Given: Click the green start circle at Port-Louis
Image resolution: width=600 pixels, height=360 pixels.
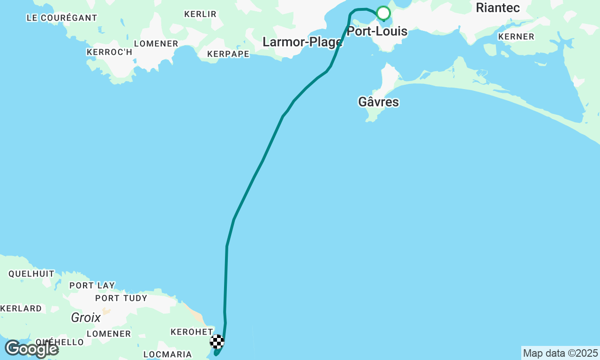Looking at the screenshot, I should pyautogui.click(x=383, y=13).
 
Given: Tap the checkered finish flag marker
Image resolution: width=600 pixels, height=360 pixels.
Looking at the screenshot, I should pyautogui.click(x=217, y=342).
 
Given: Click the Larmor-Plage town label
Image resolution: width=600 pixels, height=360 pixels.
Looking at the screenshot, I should pyautogui.click(x=302, y=42).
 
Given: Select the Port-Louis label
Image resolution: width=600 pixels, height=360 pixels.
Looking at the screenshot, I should pyautogui.click(x=377, y=32).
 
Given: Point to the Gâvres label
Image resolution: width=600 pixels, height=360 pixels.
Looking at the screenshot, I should pyautogui.click(x=378, y=102).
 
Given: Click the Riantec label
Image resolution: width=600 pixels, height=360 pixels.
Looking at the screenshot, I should pyautogui.click(x=498, y=7).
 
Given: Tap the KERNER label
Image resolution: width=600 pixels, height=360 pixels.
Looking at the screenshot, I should pyautogui.click(x=516, y=37).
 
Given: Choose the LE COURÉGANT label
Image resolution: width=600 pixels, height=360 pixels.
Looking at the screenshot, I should pyautogui.click(x=62, y=18).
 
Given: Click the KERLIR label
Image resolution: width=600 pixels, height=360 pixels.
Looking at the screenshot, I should pyautogui.click(x=200, y=14).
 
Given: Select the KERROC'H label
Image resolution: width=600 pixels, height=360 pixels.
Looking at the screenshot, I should pyautogui.click(x=110, y=52).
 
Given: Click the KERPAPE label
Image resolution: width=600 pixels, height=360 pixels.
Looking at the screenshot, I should pyautogui.click(x=228, y=54).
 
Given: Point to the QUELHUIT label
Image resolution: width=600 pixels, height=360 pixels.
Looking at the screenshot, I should pyautogui.click(x=31, y=274).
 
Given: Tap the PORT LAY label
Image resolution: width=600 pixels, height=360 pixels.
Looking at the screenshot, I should pyautogui.click(x=92, y=285).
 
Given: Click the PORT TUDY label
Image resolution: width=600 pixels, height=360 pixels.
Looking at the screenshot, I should pyautogui.click(x=121, y=298).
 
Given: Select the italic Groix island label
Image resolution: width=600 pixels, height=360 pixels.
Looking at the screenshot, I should pyautogui.click(x=86, y=318).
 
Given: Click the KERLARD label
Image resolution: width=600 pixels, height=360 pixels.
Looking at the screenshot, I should pyautogui.click(x=21, y=308).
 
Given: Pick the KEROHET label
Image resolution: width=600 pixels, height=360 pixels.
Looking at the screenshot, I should pyautogui.click(x=191, y=332).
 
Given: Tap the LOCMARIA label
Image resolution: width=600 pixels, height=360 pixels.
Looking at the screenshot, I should pyautogui.click(x=168, y=354).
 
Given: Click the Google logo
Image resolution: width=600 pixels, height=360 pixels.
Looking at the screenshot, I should pyautogui.click(x=31, y=349).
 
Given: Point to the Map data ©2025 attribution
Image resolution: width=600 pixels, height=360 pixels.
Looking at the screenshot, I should pyautogui.click(x=561, y=353).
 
